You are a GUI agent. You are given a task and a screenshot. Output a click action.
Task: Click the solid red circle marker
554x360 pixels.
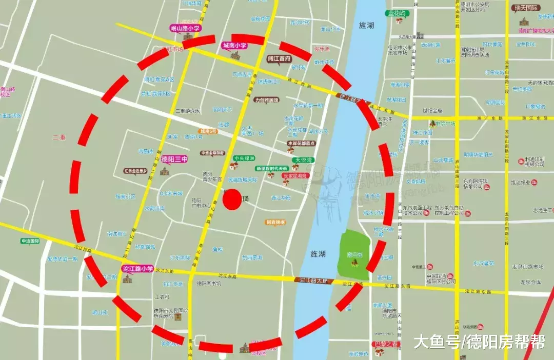232,199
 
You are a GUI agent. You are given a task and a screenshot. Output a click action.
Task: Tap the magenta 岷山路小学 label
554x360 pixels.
185,29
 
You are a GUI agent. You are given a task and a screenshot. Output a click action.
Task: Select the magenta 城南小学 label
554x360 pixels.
234,46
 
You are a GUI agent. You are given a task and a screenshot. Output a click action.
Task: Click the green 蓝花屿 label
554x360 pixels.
396,13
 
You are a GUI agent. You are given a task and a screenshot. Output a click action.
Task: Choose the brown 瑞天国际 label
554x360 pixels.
525,8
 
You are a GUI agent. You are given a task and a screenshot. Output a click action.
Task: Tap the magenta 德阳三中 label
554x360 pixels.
174,159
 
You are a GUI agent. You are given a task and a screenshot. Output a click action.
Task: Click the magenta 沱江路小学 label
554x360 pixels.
138,268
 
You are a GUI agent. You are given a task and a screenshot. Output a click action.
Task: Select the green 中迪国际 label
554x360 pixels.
30,241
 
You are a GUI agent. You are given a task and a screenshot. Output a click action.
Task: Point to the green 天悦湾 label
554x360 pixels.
303,161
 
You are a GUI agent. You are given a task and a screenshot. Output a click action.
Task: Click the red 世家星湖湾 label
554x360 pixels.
295,176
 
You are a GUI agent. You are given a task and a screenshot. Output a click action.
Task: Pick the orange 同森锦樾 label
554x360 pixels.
275,223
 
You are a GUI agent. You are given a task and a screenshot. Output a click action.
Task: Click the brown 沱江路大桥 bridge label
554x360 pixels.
314,281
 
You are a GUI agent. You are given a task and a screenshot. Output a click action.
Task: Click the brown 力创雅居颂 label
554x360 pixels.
267,100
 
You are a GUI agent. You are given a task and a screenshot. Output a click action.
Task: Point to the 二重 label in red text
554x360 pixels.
59,137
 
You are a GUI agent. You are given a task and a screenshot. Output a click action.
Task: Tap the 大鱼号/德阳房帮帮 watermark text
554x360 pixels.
479,342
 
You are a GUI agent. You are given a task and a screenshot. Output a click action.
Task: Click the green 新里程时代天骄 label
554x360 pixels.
272,168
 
